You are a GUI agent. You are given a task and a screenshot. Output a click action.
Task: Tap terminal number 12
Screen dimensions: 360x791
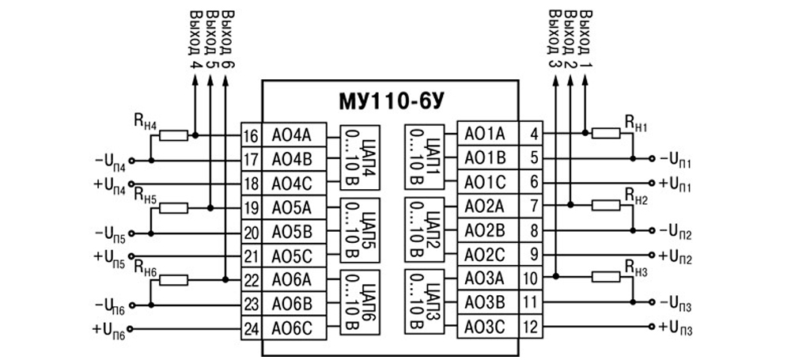click(533, 326)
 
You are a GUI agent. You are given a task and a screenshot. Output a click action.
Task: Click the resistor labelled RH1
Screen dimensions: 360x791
click(610, 134)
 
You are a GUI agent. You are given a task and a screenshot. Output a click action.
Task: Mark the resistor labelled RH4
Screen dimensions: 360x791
click(173, 136)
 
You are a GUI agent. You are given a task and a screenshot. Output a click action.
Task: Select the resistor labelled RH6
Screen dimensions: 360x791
click(173, 279)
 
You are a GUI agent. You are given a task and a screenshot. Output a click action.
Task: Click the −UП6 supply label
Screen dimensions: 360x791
click(110, 305)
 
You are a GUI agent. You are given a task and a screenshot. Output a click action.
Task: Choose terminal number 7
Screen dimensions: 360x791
click(533, 207)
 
